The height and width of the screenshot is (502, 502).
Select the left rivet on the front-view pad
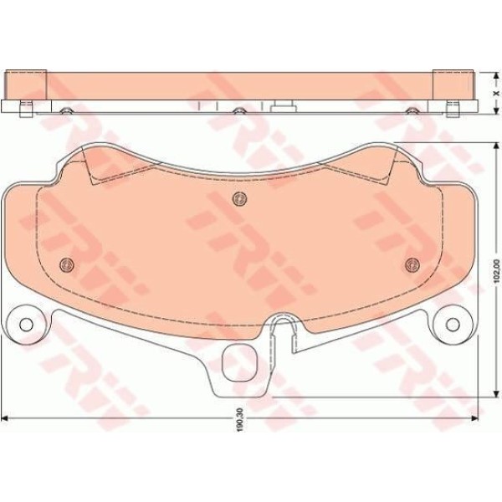67,264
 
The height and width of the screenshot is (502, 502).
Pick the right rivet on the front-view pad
410,264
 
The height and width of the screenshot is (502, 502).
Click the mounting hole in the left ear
26,324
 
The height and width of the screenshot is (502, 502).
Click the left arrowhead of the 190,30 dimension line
7,417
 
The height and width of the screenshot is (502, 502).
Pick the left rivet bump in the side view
67,110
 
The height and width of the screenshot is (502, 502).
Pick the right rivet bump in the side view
410,110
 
